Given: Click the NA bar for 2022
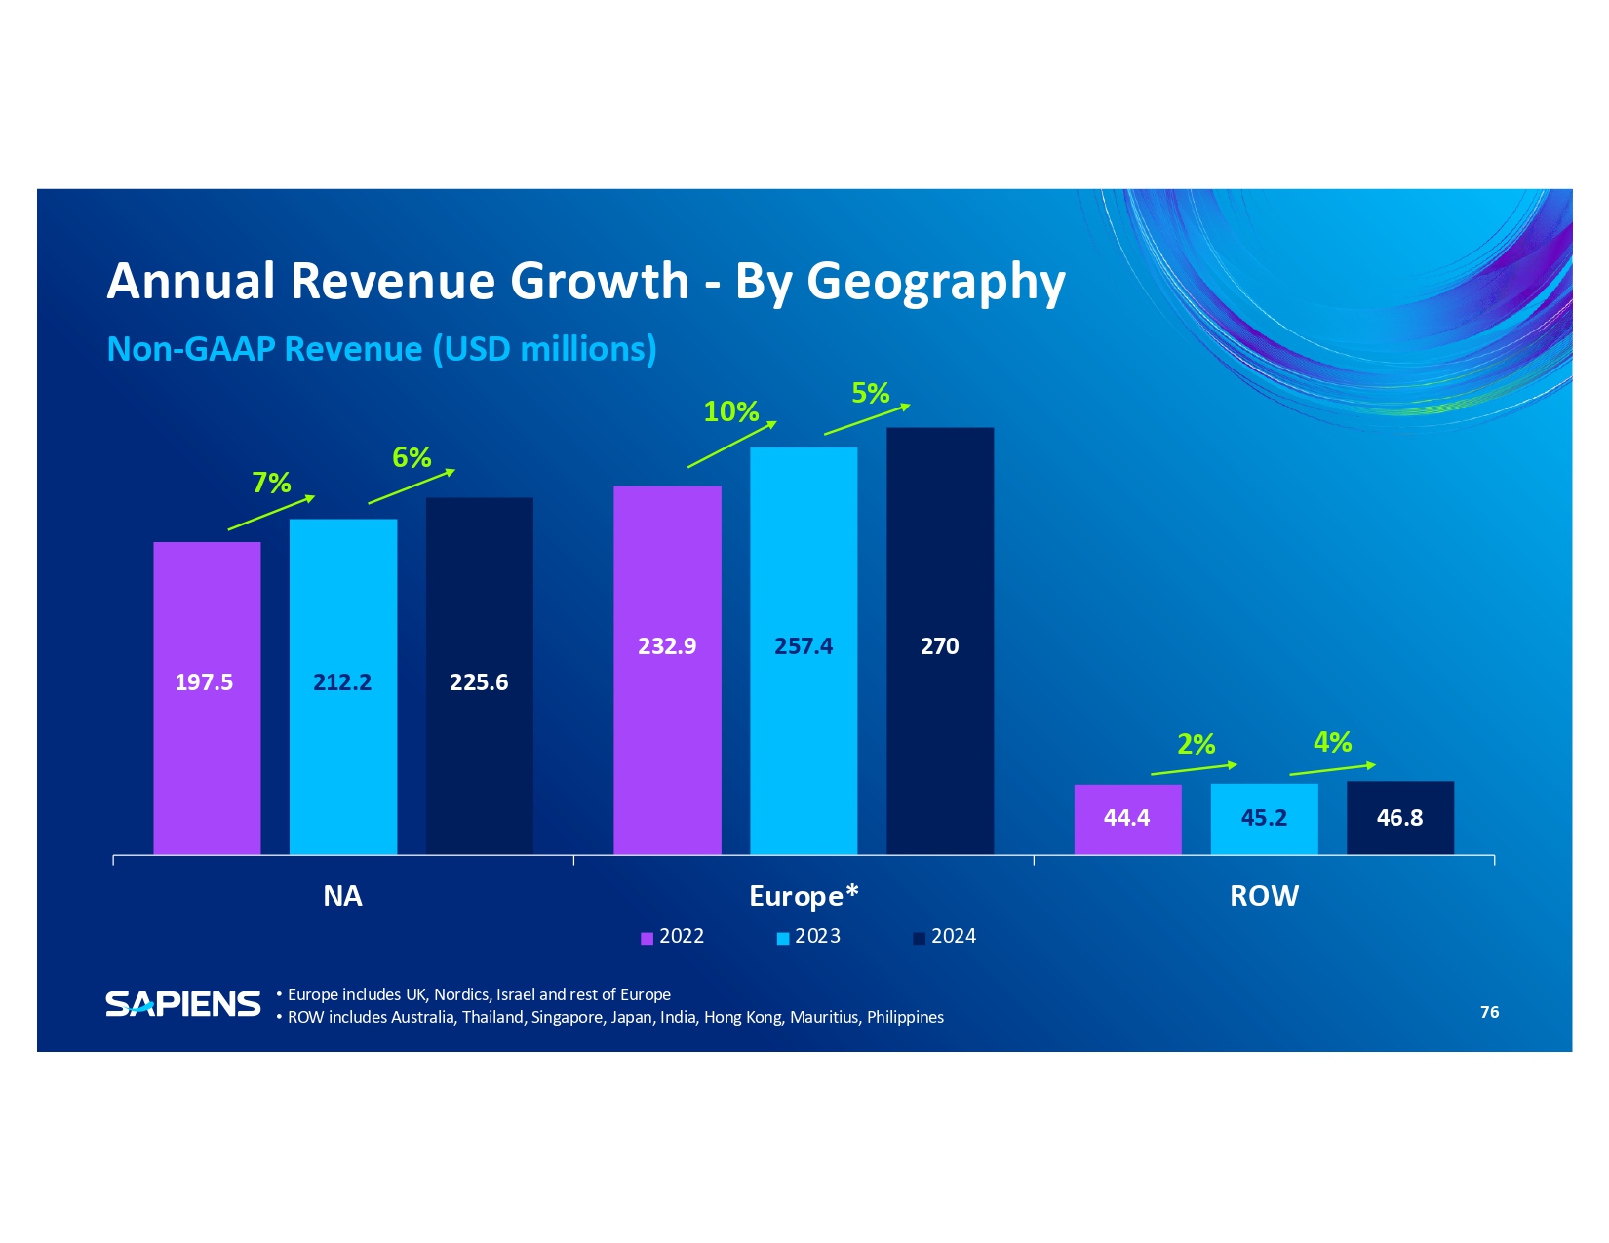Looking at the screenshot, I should [x=207, y=697].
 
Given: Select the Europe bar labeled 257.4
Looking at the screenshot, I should [x=804, y=650].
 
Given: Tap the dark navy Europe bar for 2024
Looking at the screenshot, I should [x=940, y=641].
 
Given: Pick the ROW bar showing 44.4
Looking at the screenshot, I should [x=1127, y=819].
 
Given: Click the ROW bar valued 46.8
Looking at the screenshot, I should [x=1400, y=818].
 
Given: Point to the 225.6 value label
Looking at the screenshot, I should [x=479, y=682].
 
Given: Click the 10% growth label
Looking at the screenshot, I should [x=731, y=411].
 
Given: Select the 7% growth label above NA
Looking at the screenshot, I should [x=271, y=483].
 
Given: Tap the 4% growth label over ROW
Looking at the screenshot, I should [x=1332, y=742].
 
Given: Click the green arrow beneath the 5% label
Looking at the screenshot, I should [x=867, y=419].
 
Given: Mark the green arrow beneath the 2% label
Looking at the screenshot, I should [x=1194, y=769].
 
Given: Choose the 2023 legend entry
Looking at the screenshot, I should [x=808, y=937].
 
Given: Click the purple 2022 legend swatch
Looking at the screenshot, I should [x=647, y=938].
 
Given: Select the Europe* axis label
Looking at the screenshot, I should [x=804, y=896].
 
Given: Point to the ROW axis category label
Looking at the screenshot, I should [x=1264, y=896].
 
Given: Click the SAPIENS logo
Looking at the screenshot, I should [x=183, y=1004].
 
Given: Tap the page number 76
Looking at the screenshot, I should [x=1489, y=1012].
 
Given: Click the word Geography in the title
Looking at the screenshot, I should [x=935, y=282].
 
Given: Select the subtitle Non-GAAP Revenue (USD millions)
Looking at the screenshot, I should [x=381, y=349].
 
